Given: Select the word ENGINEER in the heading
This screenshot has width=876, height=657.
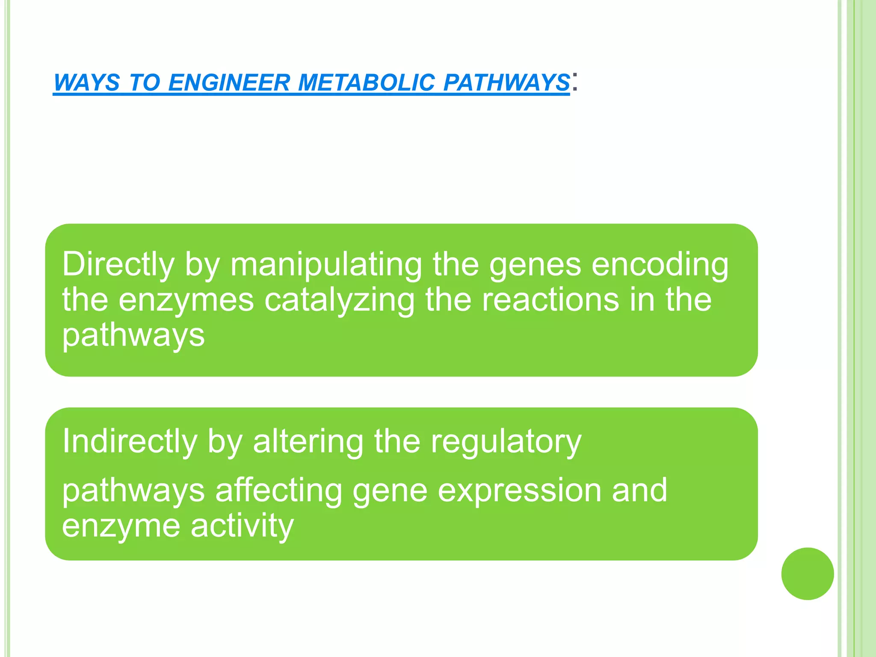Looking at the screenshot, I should [x=229, y=82].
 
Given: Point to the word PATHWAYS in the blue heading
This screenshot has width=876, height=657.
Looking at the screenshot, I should [x=506, y=82].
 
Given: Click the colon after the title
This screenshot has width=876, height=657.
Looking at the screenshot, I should [x=575, y=81].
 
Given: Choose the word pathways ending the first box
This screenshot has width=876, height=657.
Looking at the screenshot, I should [x=133, y=335].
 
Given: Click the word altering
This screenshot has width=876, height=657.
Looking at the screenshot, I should [x=308, y=441].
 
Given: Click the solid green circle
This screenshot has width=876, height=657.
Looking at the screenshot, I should [x=807, y=574].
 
